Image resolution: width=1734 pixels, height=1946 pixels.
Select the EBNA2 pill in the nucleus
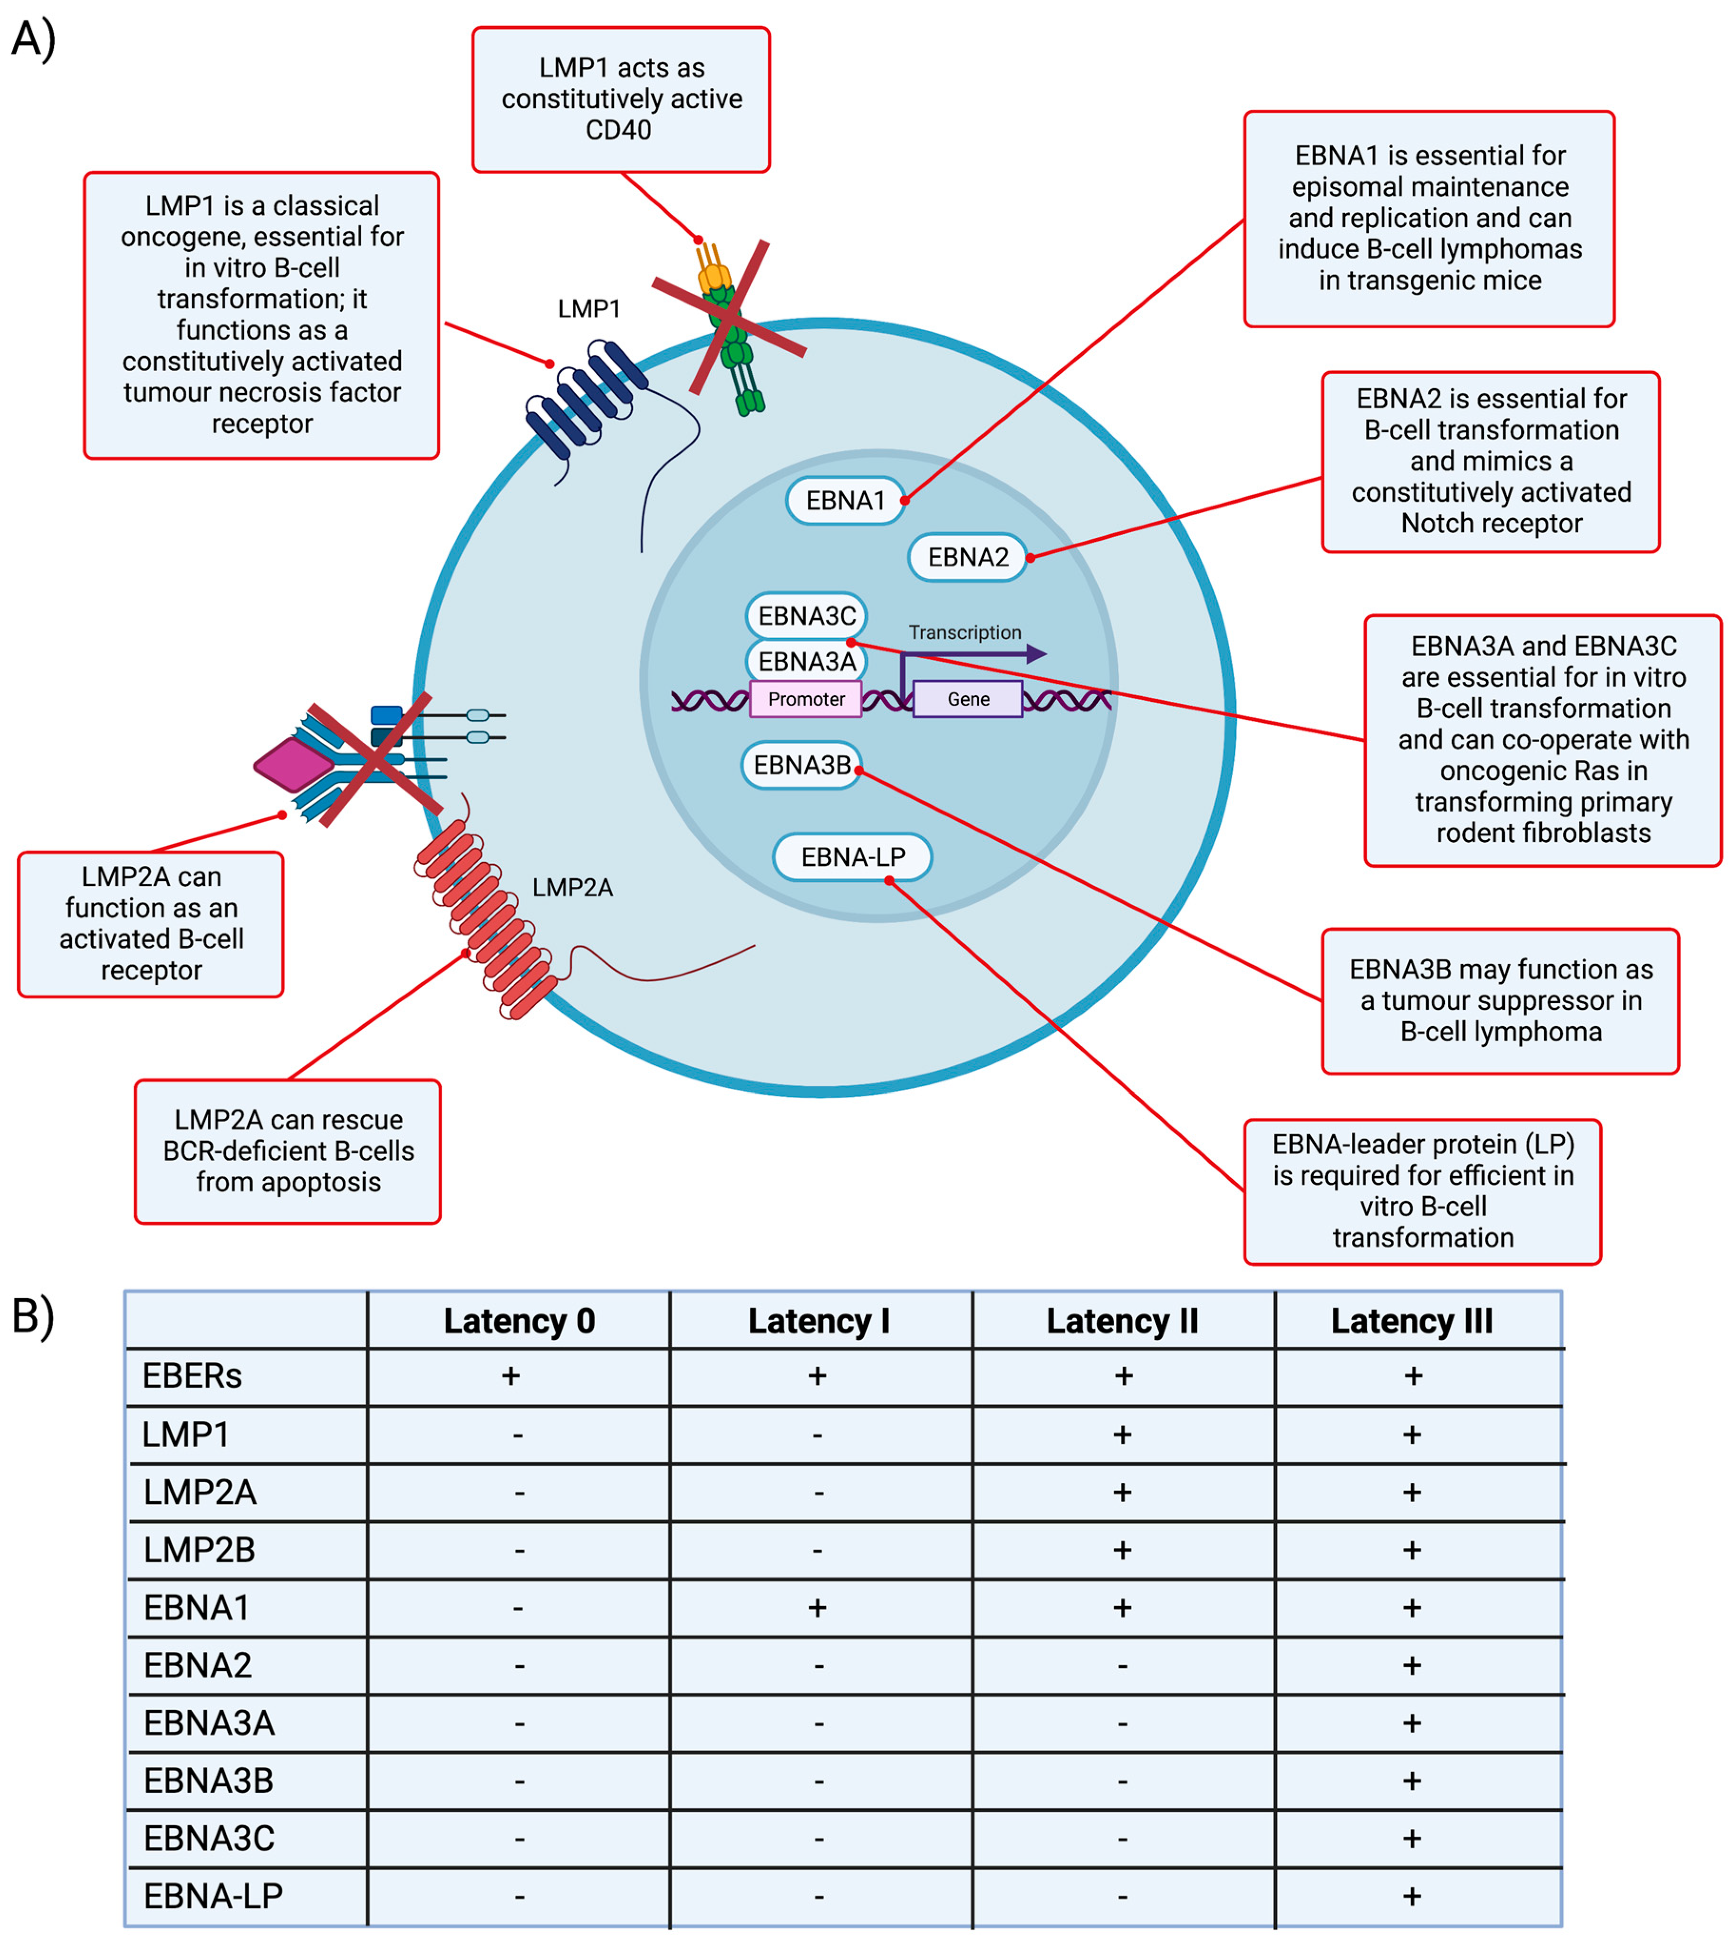[967, 557]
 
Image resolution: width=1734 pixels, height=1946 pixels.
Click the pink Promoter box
[806, 699]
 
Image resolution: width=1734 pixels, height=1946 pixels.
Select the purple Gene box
[968, 699]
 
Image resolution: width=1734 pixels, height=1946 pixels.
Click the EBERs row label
[193, 1376]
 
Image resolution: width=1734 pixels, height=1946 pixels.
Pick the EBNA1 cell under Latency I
[818, 1609]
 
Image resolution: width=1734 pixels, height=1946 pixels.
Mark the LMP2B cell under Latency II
[1122, 1551]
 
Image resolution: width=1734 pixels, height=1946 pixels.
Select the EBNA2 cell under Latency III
[1412, 1666]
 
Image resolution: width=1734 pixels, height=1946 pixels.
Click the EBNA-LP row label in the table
[213, 1897]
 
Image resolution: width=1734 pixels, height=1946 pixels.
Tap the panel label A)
[33, 40]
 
